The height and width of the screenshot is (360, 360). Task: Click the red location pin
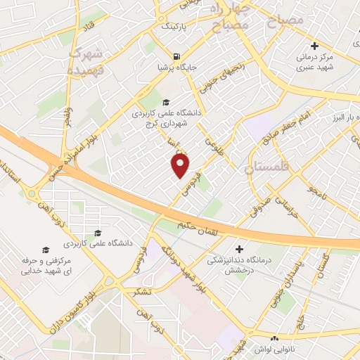click(181, 165)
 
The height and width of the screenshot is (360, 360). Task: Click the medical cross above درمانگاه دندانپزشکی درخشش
click(241, 249)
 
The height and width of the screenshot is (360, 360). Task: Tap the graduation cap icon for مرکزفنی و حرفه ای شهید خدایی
click(46, 250)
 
